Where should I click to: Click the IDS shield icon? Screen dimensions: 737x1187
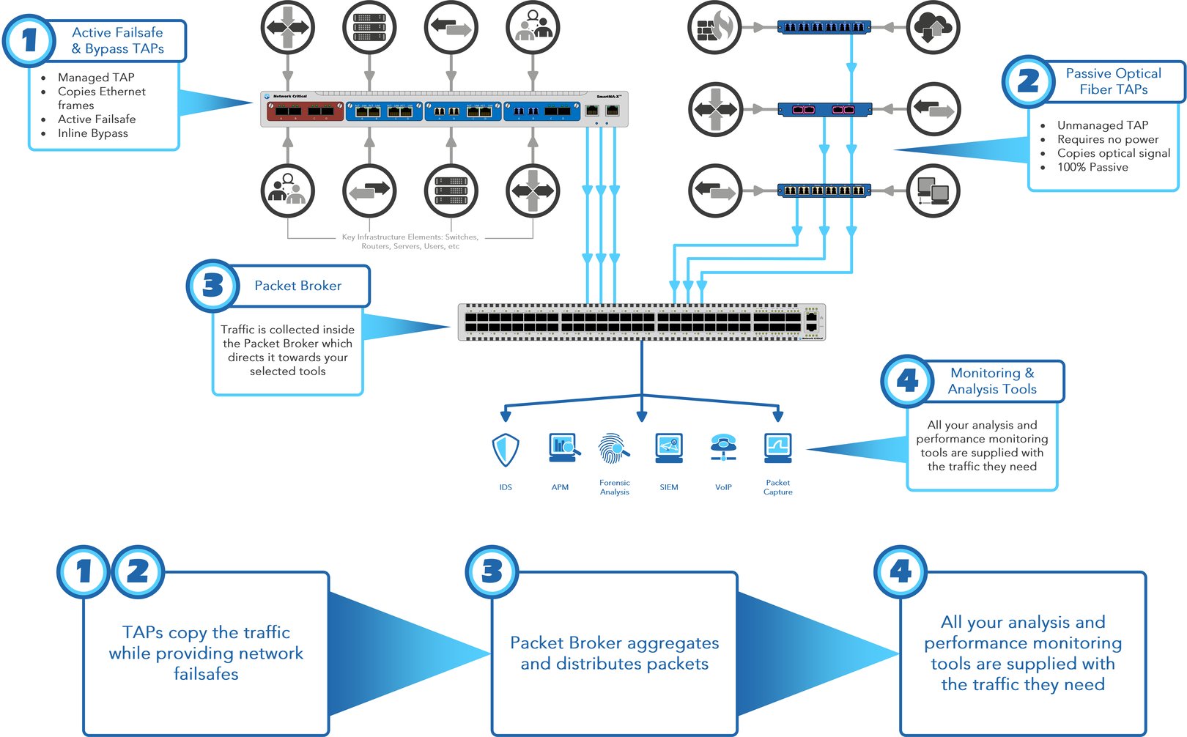coord(506,449)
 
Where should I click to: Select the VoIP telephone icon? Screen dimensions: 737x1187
coord(723,447)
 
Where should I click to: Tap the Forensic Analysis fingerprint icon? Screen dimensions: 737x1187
coord(613,448)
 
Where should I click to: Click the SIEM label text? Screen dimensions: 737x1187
coord(668,487)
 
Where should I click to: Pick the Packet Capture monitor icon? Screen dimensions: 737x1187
coord(777,448)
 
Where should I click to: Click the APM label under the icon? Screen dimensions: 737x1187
coord(560,487)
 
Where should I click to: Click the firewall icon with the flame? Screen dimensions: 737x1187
coord(714,28)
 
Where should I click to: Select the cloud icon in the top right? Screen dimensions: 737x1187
coord(933,28)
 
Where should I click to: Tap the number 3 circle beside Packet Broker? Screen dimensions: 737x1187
coord(212,286)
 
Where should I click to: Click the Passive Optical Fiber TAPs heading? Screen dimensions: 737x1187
coord(1113,81)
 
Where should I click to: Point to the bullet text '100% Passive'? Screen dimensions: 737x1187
coord(1092,167)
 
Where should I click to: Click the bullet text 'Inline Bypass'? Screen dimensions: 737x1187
coord(92,133)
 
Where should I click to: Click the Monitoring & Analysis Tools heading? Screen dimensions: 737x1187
coord(992,381)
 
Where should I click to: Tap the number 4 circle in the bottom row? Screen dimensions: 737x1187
coord(901,571)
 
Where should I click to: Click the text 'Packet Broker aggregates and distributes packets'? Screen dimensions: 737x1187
coord(614,653)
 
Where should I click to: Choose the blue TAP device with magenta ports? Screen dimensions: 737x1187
coord(824,110)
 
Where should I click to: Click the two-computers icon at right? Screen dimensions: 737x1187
coord(933,190)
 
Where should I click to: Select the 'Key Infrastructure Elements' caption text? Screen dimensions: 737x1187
coord(410,242)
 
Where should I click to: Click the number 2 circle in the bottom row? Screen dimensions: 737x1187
coord(138,571)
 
